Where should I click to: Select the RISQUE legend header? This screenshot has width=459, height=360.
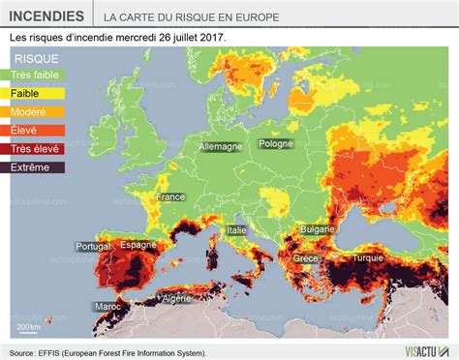[x=36, y=58]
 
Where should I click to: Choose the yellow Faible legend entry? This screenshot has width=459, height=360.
[x=26, y=93]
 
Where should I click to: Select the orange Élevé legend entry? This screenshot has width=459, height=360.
[x=26, y=130]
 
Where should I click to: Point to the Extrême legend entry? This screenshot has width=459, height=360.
[x=31, y=166]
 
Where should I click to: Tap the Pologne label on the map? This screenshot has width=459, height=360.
[x=275, y=143]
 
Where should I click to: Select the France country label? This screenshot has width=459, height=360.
[x=171, y=196]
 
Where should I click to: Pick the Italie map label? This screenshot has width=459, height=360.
[x=236, y=229]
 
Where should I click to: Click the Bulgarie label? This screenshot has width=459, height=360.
[x=318, y=229]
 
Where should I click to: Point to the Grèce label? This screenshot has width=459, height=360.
[x=305, y=258]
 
